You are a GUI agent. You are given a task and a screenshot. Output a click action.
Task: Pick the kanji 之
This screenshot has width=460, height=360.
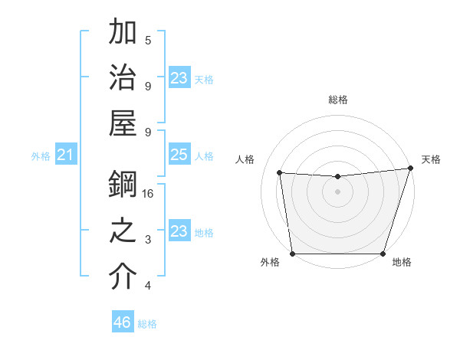coord(123,231)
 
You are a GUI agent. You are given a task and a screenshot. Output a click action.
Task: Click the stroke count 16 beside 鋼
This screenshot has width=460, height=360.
coord(149,194)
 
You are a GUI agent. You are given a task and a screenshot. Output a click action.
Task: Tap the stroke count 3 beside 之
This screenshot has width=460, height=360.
coord(148,240)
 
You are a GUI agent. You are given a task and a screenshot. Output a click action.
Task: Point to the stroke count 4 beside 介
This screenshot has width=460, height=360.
coord(148,286)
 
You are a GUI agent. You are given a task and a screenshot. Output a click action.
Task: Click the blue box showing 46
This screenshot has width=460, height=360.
coord(123,322)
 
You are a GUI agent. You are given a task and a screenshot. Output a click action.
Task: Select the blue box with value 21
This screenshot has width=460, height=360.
coord(66,155)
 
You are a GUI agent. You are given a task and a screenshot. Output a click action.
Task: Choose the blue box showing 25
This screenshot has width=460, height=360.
coord(179,155)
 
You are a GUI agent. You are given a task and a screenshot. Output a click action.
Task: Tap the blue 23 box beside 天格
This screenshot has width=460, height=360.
coord(179,78)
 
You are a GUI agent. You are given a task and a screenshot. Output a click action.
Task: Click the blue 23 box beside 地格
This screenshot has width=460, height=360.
coord(179,231)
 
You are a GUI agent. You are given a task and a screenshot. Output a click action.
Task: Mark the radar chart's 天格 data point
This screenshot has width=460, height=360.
coord(410,169)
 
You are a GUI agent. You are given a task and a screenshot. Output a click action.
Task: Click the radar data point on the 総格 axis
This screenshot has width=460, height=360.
coord(337,177)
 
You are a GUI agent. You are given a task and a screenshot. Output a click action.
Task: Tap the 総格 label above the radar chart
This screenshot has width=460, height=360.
coord(337,100)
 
